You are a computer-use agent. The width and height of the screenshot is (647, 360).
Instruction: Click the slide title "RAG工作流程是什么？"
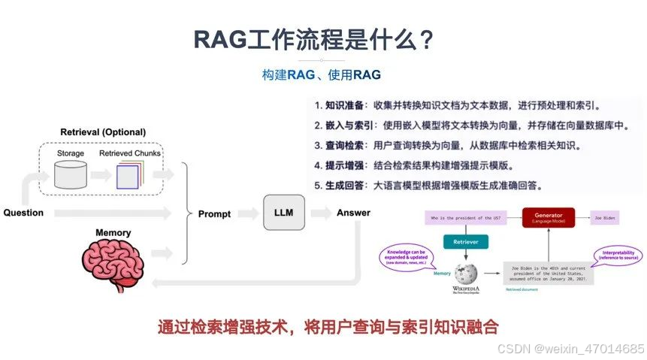[314, 39]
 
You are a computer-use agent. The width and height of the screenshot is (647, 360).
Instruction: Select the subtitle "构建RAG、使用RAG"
[321, 75]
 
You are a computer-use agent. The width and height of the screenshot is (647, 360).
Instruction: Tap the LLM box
[284, 213]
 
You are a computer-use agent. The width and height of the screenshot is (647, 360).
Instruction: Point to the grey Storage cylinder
[71, 175]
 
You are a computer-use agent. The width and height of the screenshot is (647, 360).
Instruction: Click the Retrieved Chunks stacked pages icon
[128, 175]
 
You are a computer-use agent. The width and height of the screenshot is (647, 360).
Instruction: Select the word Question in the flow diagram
[23, 213]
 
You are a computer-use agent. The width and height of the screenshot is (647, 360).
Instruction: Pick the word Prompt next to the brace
[214, 214]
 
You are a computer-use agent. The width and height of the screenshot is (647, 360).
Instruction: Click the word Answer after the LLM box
[353, 213]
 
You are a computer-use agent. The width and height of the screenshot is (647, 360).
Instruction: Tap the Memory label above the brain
[113, 233]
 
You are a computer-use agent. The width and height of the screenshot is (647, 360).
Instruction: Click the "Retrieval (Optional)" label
[103, 132]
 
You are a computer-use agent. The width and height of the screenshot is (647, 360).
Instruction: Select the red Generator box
[549, 216]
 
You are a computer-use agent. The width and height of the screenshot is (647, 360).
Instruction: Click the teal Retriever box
[466, 241]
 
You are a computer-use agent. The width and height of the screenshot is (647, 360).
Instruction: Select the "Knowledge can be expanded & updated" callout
[406, 257]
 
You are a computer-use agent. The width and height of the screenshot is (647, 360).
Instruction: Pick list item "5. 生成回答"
[428, 185]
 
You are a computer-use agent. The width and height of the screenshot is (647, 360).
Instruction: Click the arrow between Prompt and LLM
[248, 214]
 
